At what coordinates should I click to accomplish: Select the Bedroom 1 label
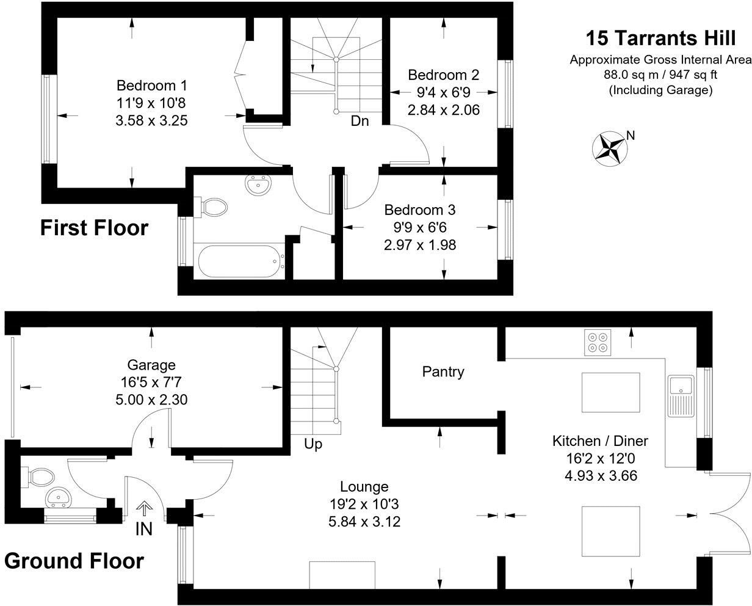[x=151, y=85]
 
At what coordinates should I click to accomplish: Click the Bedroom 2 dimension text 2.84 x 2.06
[x=443, y=110]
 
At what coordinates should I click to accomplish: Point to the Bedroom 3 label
[x=420, y=210]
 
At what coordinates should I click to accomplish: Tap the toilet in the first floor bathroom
[x=212, y=206]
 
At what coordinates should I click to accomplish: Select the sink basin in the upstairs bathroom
[x=258, y=184]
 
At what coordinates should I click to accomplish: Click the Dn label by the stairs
[x=360, y=121]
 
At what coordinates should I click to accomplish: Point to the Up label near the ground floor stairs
[x=313, y=444]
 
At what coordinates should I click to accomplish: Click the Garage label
[x=151, y=365]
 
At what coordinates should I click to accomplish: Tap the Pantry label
[x=443, y=371]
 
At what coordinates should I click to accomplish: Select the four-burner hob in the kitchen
[x=598, y=342]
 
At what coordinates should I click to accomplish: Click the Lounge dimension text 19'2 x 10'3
[x=364, y=505]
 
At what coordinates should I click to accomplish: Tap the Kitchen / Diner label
[x=599, y=441]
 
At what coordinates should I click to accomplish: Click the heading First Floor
[x=94, y=228]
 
